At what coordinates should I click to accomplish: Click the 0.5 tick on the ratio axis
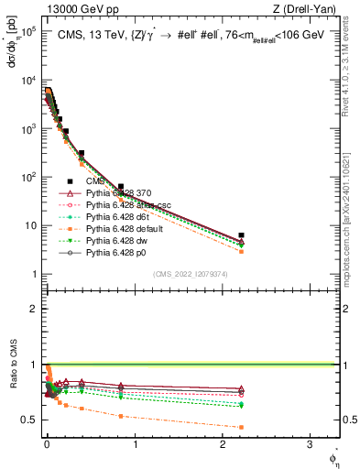(32, 420)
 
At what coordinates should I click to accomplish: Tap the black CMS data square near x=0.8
(120, 187)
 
